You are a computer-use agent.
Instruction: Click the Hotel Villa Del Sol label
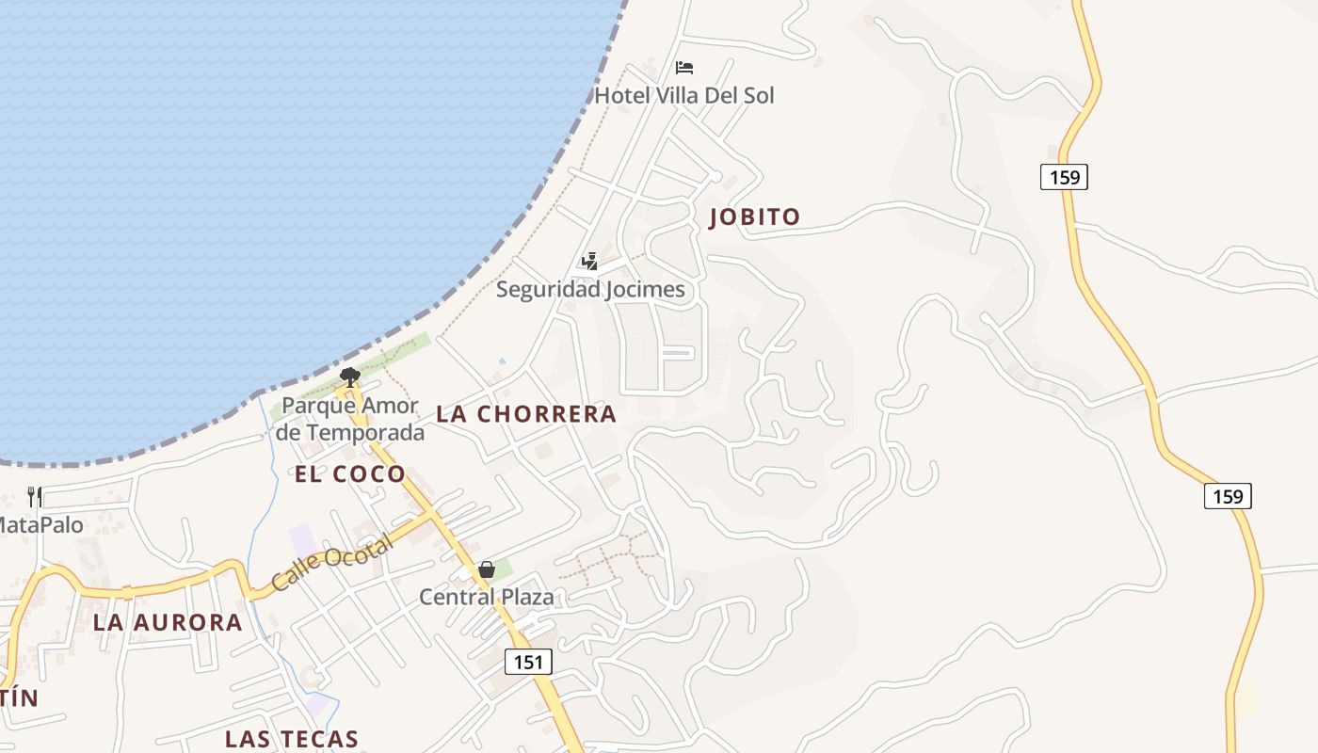[684, 95]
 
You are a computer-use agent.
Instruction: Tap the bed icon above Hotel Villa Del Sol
[684, 68]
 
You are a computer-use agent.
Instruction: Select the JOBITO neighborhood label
[754, 217]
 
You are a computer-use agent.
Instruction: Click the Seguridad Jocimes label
[590, 289]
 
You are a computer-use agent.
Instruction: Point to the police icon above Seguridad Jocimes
[590, 262]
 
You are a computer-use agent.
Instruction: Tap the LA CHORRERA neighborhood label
[526, 414]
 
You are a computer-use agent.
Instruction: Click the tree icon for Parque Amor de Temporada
[350, 377]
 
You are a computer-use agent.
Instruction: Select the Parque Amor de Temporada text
[350, 420]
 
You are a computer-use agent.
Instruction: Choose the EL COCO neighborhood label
[349, 474]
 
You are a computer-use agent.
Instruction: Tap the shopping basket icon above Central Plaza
[487, 569]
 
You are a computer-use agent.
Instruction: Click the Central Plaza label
[487, 597]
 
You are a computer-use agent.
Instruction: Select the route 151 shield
[528, 662]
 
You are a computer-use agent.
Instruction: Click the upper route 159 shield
[1064, 176]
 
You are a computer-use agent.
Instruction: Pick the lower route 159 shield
[1228, 495]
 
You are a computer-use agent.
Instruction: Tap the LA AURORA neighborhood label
[168, 623]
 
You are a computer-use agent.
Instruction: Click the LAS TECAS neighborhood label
[292, 739]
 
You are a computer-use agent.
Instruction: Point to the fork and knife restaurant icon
[35, 497]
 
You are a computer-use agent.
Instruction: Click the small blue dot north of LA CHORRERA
[502, 361]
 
